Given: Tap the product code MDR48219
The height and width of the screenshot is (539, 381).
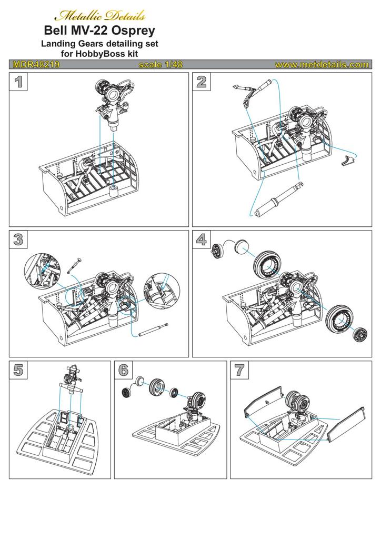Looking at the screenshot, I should pos(35,65).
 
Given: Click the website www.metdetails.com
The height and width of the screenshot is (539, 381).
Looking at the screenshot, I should pos(321,65).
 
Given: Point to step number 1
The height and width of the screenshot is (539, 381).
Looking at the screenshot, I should pos(18,82).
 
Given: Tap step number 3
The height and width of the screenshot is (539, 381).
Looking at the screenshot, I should pos(18,239).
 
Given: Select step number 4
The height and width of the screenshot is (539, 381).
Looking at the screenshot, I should pos(201,239).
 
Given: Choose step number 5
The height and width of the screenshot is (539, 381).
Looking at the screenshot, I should pos(18,370).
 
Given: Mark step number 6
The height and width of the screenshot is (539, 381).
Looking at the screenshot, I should pos(123,370).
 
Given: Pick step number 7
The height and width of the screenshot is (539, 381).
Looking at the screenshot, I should pos(239,370).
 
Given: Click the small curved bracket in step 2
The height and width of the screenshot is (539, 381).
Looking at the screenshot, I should pos(346,159).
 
